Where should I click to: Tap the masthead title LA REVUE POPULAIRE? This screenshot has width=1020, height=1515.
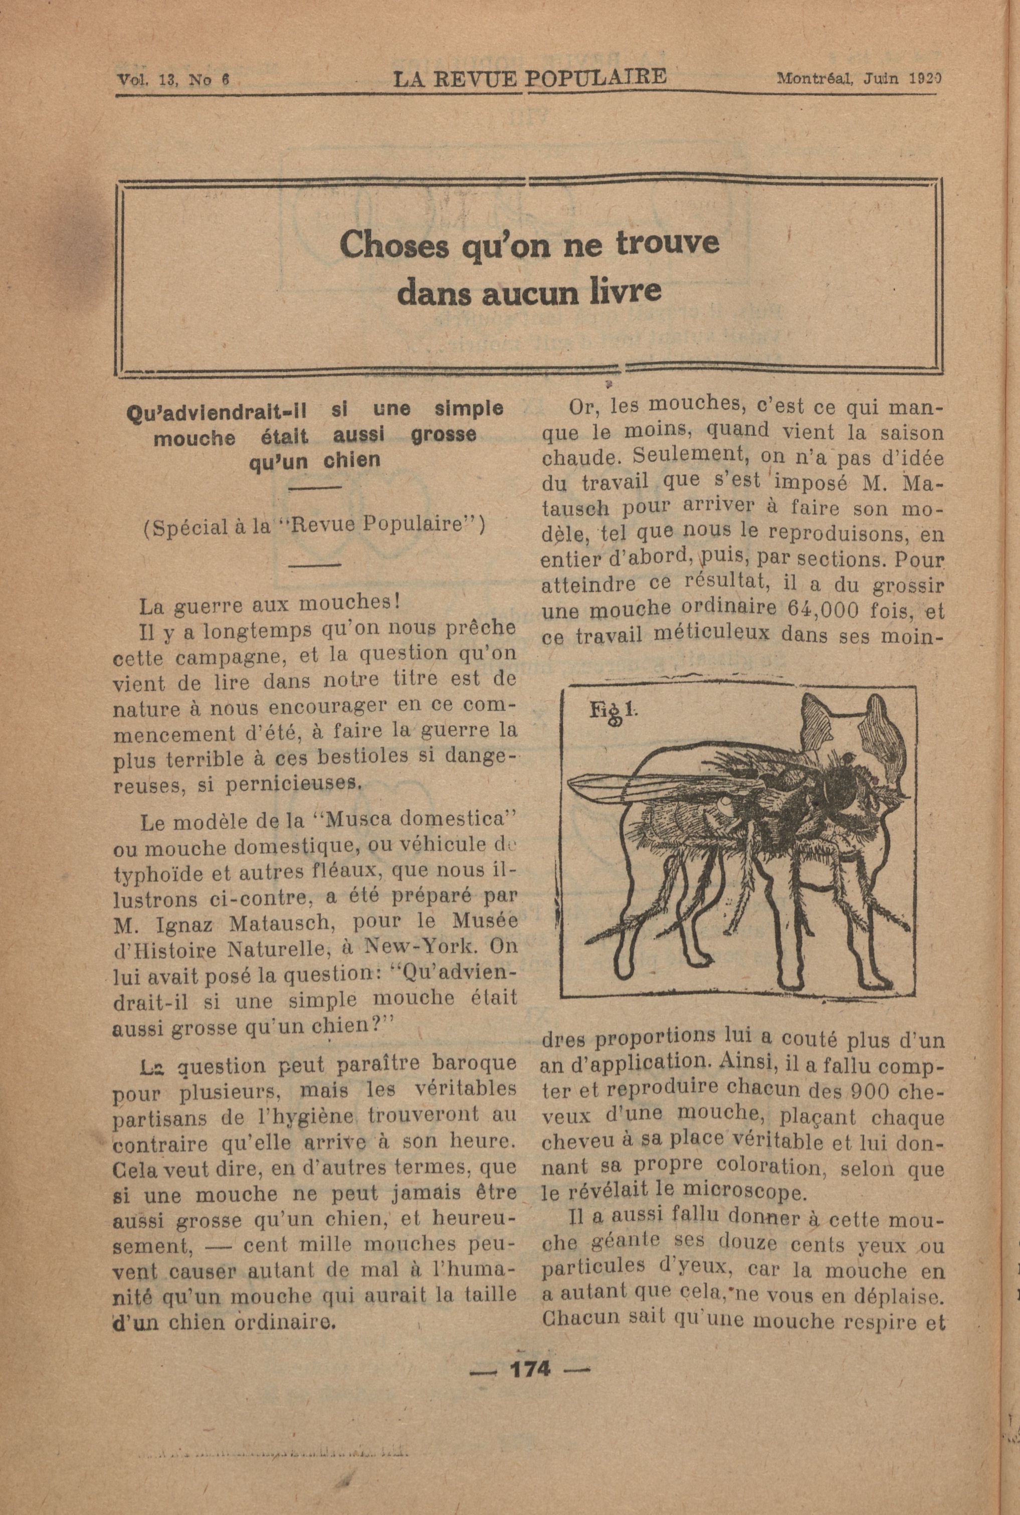530,78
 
